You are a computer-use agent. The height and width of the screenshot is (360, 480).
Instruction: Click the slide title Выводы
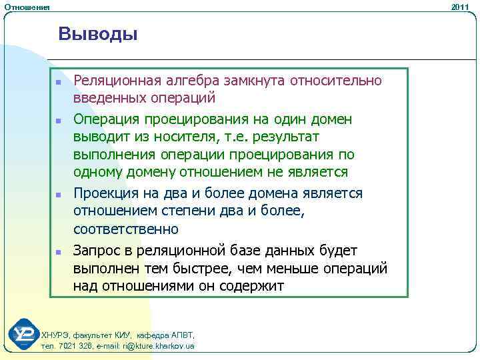(x=98, y=33)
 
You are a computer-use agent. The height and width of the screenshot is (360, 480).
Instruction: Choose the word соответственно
(x=126, y=229)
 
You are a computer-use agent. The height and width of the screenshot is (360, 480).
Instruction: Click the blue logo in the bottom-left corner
(x=25, y=334)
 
